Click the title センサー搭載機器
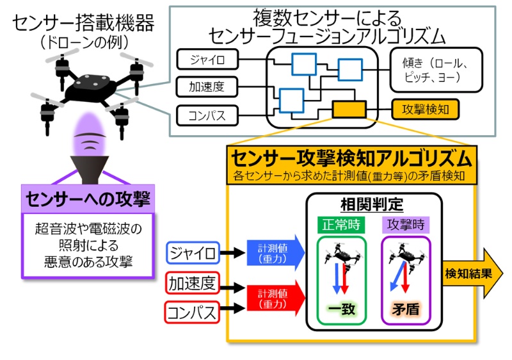(84, 24)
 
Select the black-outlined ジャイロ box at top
(206, 60)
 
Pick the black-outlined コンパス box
(206, 116)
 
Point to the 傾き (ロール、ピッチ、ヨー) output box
(435, 69)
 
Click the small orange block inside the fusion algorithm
(349, 110)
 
